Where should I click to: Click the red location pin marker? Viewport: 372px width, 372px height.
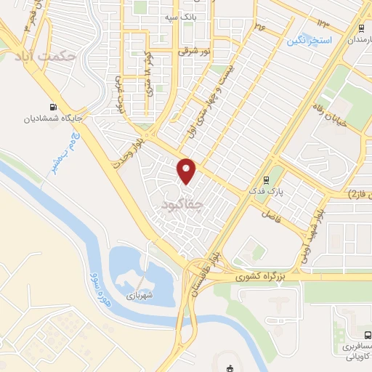click(187, 171)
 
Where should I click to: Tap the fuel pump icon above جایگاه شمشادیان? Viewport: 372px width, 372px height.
click(51, 104)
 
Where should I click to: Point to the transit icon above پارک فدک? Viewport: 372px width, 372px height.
click(267, 179)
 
